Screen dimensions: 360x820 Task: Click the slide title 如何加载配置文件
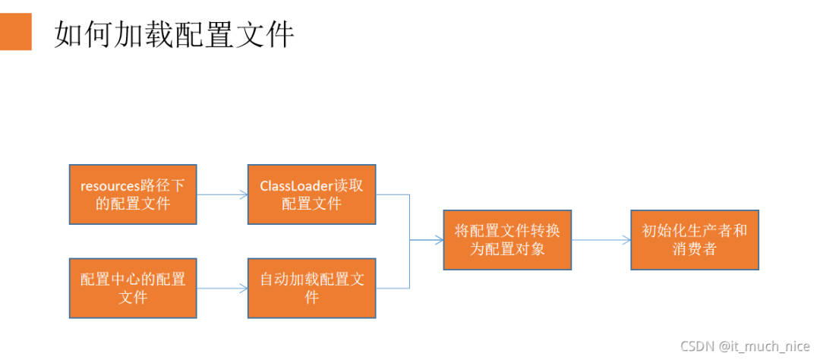pos(174,35)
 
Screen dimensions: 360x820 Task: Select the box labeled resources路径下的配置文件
pos(133,194)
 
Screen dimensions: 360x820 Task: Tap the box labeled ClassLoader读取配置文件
pos(312,194)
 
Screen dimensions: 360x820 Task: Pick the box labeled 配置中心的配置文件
pos(133,288)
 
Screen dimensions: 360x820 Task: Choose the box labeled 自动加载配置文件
pos(312,288)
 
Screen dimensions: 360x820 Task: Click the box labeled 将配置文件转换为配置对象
pos(507,239)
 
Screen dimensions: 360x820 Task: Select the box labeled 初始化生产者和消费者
pos(695,239)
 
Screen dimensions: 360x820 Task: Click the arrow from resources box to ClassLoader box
pos(222,194)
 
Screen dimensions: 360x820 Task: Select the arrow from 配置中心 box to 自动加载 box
pos(222,289)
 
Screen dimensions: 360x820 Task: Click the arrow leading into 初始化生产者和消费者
pos(601,240)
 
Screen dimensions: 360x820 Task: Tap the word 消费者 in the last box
pos(695,248)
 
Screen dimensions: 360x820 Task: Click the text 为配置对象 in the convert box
pos(507,248)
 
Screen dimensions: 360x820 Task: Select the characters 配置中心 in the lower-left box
pos(106,279)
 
